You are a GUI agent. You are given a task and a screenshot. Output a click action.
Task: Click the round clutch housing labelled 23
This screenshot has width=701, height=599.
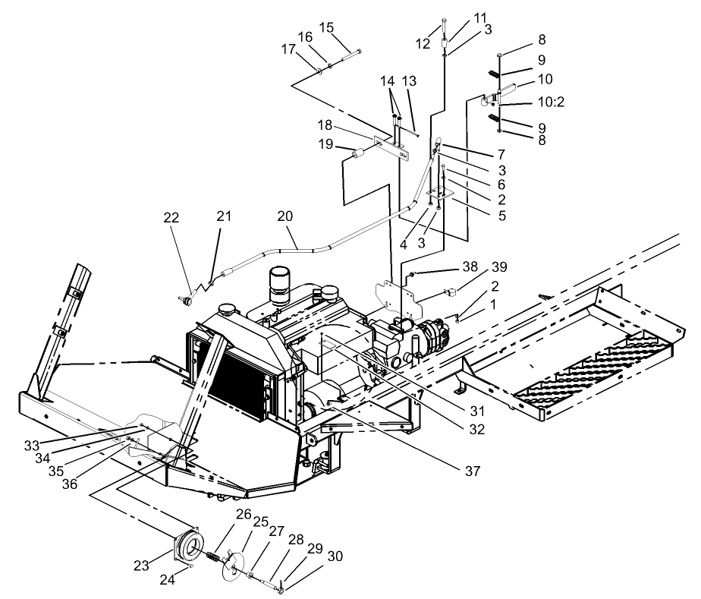[187, 547]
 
